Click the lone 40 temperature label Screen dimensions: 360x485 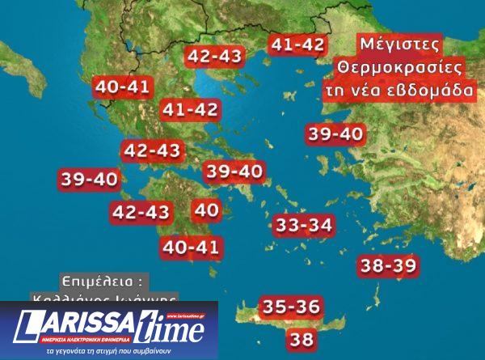pyautogui.click(x=207, y=210)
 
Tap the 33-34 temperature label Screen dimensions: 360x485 pyautogui.click(x=303, y=226)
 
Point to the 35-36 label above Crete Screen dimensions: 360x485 pyautogui.click(x=291, y=307)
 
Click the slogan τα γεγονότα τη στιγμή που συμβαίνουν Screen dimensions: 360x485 pyautogui.click(x=108, y=354)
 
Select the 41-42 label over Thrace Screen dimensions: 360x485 pyautogui.click(x=297, y=45)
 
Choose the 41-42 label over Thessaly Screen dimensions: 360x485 pyautogui.click(x=190, y=108)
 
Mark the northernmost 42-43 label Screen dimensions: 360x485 pyautogui.click(x=214, y=56)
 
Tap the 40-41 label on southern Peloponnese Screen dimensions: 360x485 pyautogui.click(x=191, y=248)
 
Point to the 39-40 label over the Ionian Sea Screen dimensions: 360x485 pyautogui.click(x=89, y=180)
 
